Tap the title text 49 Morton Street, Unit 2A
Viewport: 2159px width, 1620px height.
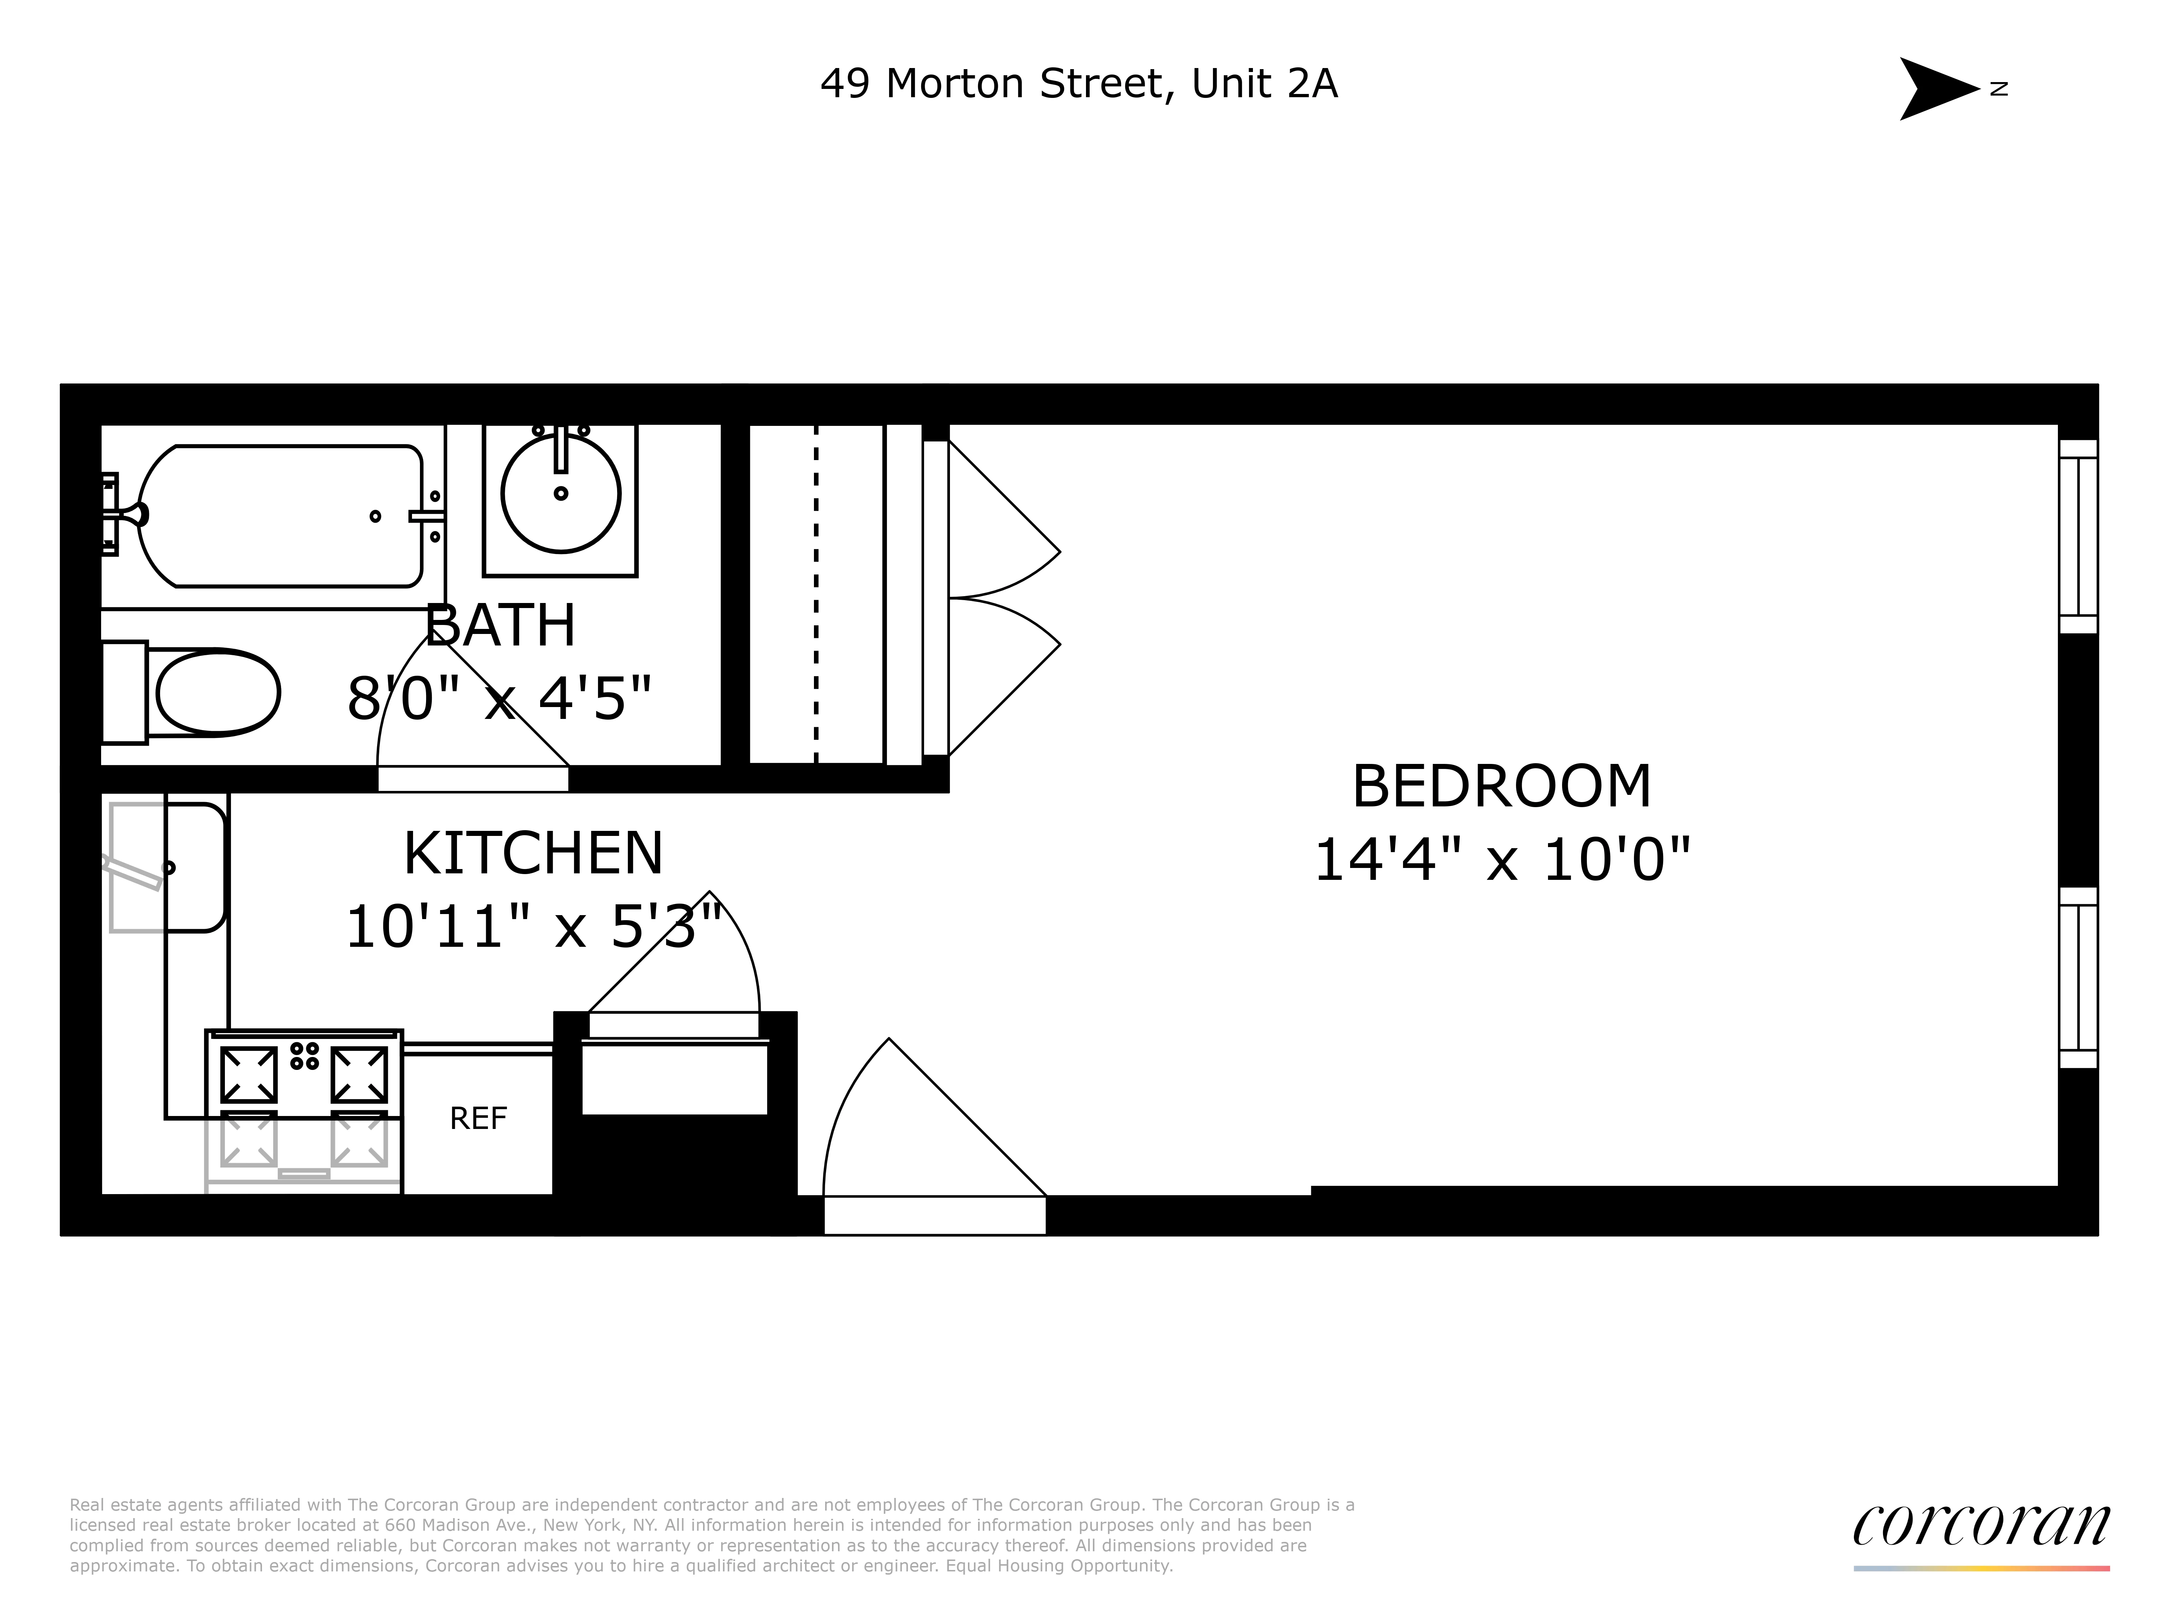click(1078, 84)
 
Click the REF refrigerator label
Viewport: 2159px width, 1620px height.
click(478, 1118)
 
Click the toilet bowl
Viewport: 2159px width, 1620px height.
click(217, 692)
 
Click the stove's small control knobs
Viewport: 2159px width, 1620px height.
click(304, 1056)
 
